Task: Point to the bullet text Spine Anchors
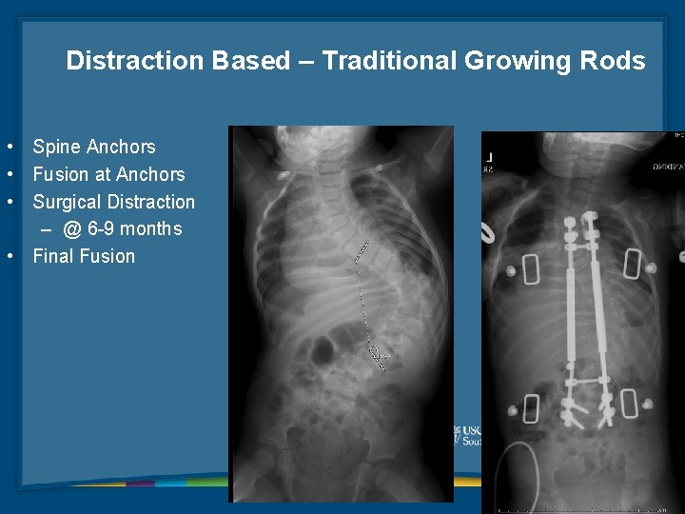tap(93, 147)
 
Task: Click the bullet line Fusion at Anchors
tap(108, 174)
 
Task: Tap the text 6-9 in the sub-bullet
tap(103, 229)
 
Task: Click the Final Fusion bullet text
tap(84, 256)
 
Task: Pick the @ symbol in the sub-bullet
tap(72, 229)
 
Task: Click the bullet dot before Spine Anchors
tap(8, 147)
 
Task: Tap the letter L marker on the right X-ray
tap(488, 155)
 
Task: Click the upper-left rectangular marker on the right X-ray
tap(531, 269)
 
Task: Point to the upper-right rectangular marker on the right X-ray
tap(632, 264)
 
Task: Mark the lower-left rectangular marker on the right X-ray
tap(531, 407)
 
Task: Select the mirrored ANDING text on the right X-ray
tap(666, 166)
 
